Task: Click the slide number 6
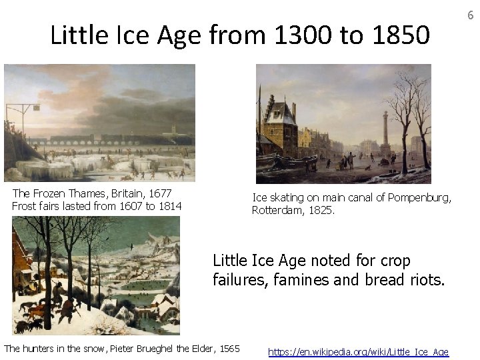point(471,15)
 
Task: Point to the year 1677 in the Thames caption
point(161,193)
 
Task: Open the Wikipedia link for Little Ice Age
point(358,352)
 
